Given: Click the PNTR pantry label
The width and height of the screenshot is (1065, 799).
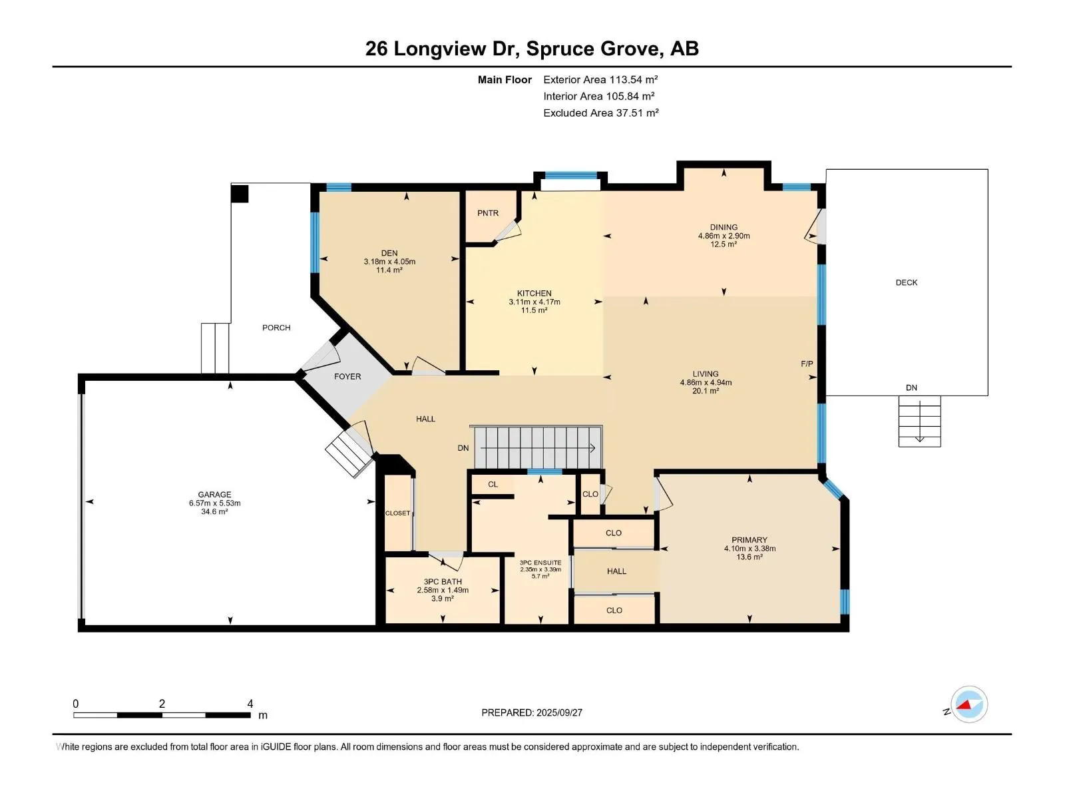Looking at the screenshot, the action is [488, 213].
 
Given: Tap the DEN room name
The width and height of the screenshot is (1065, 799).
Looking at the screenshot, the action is [389, 253].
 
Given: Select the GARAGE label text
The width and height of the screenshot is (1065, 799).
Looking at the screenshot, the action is [214, 495].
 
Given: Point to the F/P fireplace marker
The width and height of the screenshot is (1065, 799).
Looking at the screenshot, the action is [807, 364].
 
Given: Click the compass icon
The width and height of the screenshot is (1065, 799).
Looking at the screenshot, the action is [969, 704].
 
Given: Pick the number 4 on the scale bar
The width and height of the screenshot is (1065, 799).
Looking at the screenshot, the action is [250, 704].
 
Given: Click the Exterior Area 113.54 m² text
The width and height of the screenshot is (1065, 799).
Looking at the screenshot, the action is [600, 79].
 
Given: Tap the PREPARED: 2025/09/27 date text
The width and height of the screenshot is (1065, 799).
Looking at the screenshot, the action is [532, 712].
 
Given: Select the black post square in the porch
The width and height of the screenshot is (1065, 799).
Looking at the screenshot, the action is [240, 194].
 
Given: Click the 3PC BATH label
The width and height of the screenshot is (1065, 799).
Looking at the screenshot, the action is [443, 582].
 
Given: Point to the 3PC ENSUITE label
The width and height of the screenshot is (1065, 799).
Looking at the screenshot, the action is [540, 563].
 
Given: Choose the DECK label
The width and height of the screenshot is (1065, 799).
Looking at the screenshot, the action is [907, 282].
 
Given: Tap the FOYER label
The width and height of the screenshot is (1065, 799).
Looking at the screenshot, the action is [347, 376].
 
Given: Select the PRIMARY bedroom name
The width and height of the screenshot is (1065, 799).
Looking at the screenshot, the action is [749, 540].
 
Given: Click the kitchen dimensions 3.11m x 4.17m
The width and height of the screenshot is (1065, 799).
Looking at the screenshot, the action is [534, 302].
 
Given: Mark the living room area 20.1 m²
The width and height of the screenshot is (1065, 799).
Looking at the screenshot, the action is [706, 391].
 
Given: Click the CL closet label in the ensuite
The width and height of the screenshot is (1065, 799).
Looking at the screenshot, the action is [493, 484].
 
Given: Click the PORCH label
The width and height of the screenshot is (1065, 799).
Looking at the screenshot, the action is [276, 328].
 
